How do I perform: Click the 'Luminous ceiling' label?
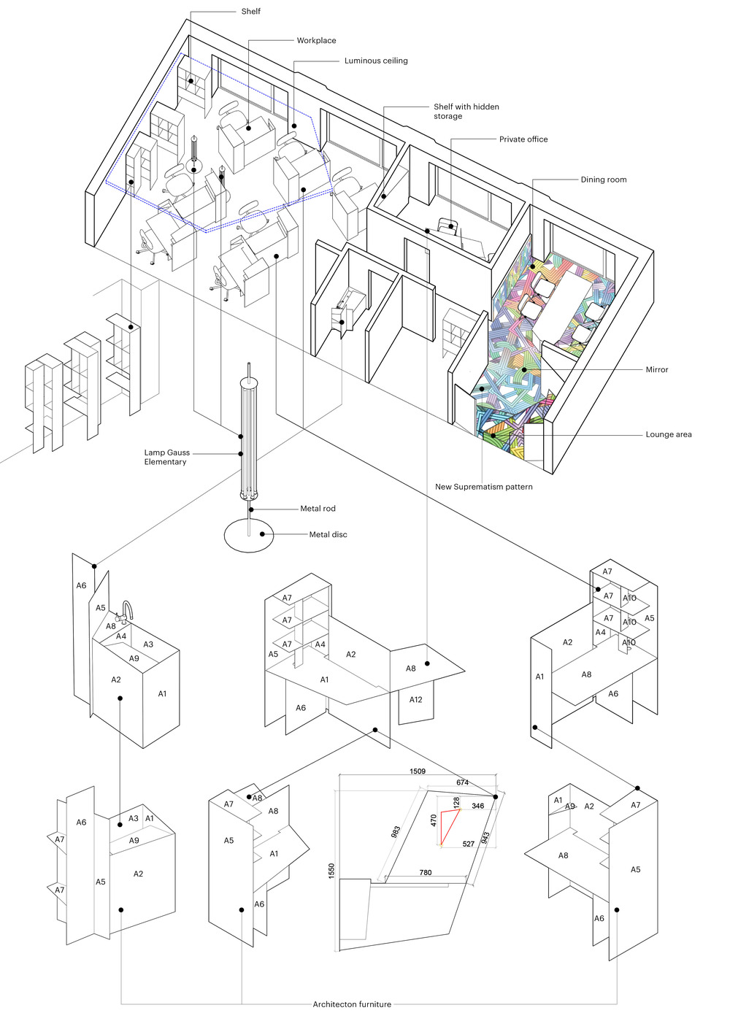[376, 61]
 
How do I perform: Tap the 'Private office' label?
[523, 139]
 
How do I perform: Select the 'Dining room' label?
[603, 180]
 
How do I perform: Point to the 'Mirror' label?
[656, 369]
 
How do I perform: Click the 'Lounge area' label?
[668, 434]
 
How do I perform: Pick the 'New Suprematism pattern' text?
[483, 487]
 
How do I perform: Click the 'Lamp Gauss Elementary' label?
[166, 457]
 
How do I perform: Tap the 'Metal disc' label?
[328, 534]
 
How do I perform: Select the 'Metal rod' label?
[318, 509]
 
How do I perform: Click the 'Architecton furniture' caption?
[352, 1004]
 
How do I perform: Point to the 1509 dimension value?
[418, 771]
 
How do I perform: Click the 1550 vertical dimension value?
[331, 871]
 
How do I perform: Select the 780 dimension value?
[426, 872]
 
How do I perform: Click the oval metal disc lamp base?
[248, 535]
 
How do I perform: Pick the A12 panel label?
[415, 699]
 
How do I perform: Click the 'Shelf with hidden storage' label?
[466, 111]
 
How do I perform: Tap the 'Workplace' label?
[316, 40]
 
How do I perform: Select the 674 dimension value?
[462, 782]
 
